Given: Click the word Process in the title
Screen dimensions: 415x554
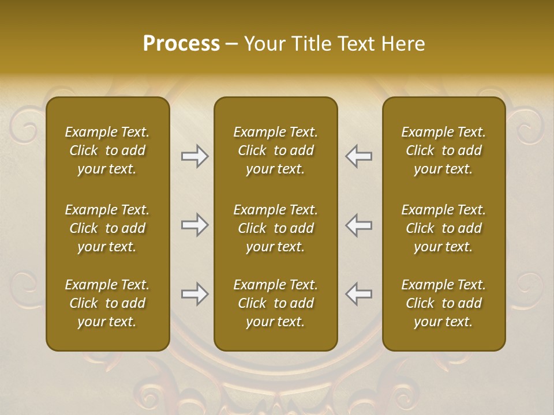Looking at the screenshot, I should (181, 44).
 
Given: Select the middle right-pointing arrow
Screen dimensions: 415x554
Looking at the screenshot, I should (195, 225).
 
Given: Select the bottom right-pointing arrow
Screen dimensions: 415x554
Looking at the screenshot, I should (195, 294).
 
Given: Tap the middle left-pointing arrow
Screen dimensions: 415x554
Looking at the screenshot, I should (359, 225).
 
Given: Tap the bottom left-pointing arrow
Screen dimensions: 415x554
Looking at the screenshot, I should (359, 294).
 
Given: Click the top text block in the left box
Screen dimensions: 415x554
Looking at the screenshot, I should (107, 150).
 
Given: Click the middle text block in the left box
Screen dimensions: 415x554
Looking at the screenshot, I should (107, 228).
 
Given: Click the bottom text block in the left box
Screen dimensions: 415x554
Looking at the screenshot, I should (107, 303).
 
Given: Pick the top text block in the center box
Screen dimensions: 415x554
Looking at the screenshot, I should (276, 150).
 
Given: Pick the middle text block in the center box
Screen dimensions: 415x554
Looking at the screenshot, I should (276, 228).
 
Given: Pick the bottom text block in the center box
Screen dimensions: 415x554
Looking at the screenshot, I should (276, 303).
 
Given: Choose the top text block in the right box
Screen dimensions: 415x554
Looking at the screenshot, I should (444, 150).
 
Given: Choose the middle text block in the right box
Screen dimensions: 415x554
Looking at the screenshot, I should (444, 228).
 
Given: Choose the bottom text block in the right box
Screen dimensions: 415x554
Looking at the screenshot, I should (444, 303).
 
